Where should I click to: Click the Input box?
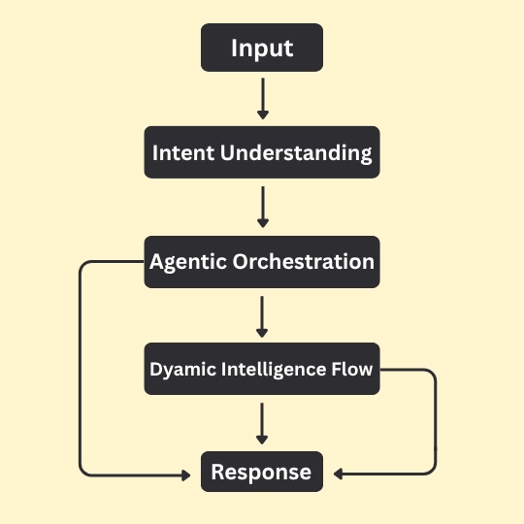pos(262,48)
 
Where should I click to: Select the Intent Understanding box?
pos(262,153)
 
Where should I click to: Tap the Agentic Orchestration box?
pos(262,262)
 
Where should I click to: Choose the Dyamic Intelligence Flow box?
pos(262,369)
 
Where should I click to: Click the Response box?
pos(262,473)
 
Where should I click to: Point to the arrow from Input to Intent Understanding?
pos(262,99)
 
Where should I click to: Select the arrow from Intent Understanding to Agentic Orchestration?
pos(262,207)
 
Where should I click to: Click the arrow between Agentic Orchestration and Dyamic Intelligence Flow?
pos(262,315)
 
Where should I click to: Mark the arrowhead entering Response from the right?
pos(338,475)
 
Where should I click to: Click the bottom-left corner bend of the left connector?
pos(82,473)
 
